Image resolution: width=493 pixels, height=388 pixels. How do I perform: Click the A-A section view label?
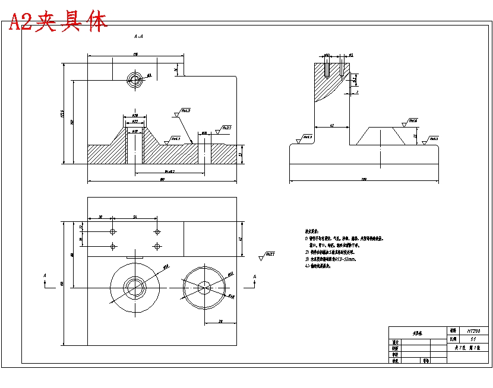click(x=138, y=37)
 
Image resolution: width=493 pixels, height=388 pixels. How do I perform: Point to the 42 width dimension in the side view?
click(x=331, y=125)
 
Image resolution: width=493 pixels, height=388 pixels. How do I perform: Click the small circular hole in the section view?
click(x=135, y=79)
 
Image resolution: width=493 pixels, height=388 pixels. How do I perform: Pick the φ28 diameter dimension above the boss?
click(x=135, y=115)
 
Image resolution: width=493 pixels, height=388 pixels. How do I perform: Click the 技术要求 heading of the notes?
click(x=312, y=231)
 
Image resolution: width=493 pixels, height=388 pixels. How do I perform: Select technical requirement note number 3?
click(x=330, y=259)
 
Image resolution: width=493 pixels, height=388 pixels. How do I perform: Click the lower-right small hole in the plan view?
click(x=157, y=246)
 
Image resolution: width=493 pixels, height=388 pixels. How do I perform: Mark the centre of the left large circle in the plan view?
click(x=135, y=288)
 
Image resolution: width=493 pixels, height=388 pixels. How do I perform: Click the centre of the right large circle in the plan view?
click(x=205, y=288)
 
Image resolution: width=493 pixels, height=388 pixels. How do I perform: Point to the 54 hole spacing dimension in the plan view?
click(x=135, y=218)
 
